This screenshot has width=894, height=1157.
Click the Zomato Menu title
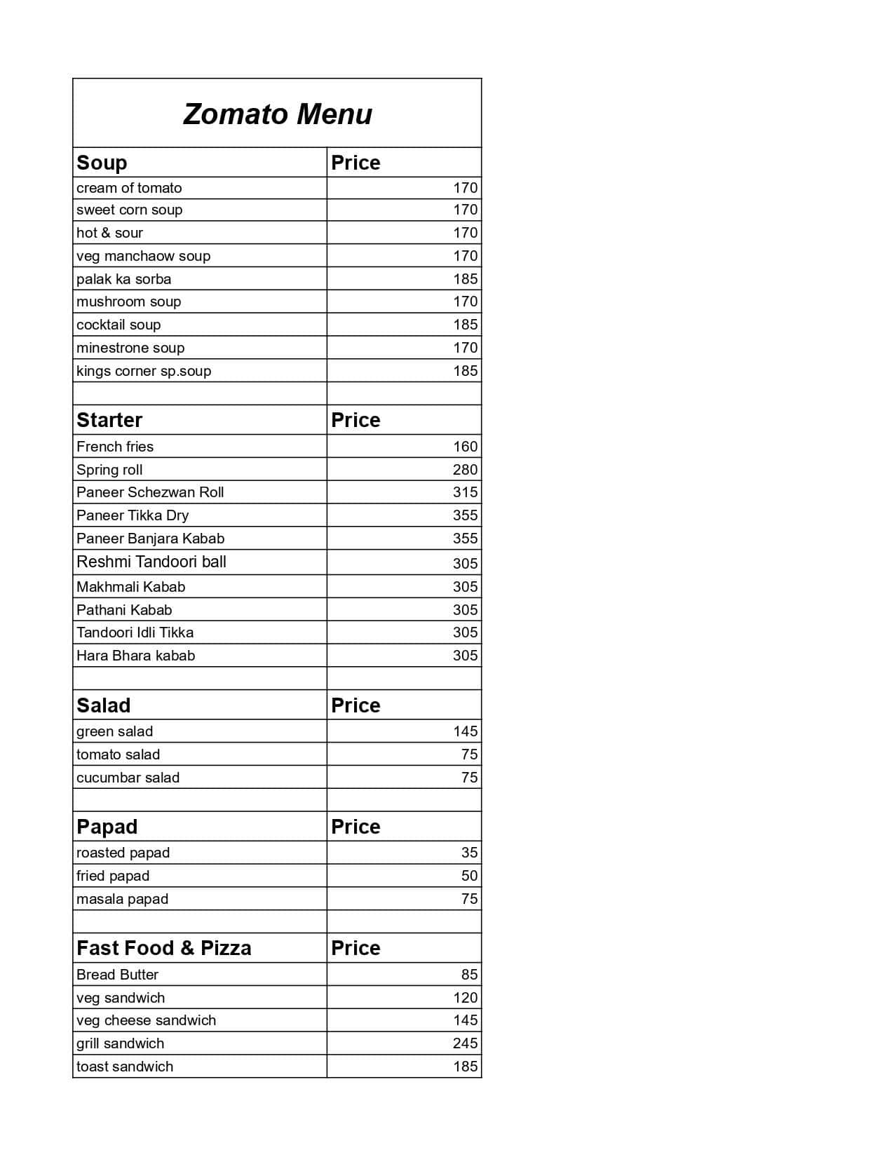(278, 114)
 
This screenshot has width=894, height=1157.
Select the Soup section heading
(102, 163)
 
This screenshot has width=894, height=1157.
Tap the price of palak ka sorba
(465, 279)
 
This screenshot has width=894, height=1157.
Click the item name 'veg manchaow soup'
(143, 256)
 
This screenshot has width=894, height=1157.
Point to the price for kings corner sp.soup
(465, 371)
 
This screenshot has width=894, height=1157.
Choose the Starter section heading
(109, 420)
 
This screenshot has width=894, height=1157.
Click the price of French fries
(465, 447)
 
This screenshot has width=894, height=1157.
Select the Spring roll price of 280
(465, 470)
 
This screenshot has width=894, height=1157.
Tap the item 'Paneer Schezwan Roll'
(150, 492)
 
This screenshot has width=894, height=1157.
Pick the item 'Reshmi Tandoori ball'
(151, 562)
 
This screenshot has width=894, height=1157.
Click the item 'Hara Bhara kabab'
(135, 656)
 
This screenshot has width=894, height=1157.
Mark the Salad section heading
(103, 705)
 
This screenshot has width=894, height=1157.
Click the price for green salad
(465, 731)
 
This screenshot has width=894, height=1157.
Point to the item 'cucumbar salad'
(128, 778)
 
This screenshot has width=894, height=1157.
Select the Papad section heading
(107, 827)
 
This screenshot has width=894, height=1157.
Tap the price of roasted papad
(469, 853)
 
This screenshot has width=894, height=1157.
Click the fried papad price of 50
(469, 876)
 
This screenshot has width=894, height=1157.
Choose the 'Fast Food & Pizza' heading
(163, 948)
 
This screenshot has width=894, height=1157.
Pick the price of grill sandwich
(465, 1043)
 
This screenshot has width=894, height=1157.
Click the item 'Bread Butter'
(117, 975)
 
